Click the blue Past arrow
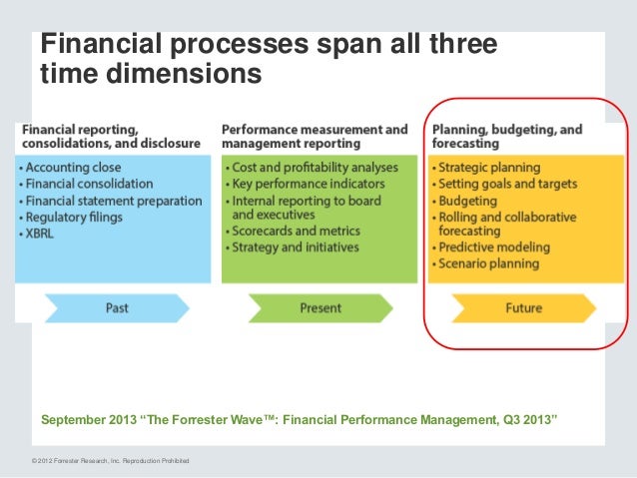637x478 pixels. (116, 308)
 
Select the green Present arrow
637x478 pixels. (320, 308)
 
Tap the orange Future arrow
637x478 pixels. (523, 308)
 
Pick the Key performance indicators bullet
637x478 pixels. (305, 184)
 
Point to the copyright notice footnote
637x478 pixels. (110, 459)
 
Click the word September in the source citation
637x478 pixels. (75, 420)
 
